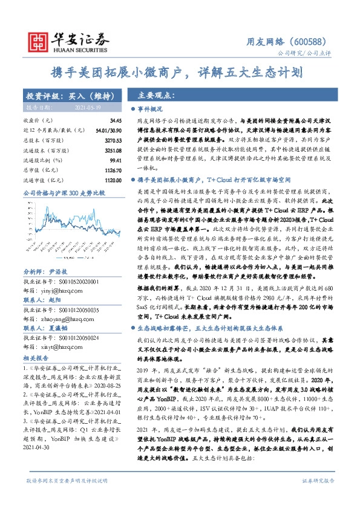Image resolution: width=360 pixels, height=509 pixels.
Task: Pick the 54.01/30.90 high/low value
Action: click(x=110, y=130)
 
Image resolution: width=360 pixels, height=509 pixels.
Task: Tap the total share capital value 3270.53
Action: click(x=113, y=139)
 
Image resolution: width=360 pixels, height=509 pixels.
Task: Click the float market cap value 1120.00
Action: click(x=113, y=180)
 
